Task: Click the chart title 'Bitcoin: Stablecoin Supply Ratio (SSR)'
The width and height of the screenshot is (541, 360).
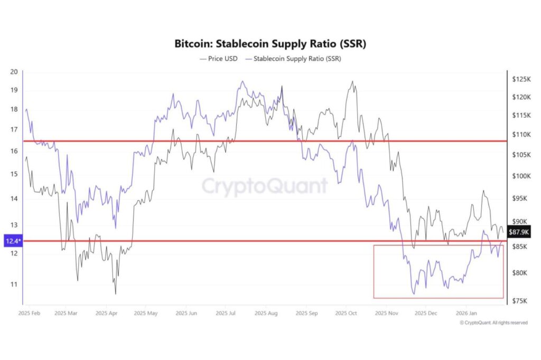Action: click(270, 44)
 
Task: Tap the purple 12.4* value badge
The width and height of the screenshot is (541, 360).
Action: click(12, 241)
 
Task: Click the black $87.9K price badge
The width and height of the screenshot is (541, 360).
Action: click(518, 232)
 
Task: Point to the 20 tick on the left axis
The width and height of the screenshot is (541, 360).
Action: click(14, 72)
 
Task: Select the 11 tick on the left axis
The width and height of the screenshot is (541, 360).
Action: click(14, 284)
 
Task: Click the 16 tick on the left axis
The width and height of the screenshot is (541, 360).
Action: click(14, 151)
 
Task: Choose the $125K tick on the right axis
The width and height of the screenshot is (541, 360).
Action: click(521, 79)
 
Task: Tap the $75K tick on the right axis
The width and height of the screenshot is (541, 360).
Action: click(520, 301)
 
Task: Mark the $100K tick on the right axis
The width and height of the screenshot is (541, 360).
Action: click(521, 176)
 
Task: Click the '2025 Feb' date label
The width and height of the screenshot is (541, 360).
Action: click(30, 313)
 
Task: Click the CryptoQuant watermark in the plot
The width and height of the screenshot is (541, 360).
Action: click(265, 186)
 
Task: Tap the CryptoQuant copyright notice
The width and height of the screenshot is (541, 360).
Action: click(493, 323)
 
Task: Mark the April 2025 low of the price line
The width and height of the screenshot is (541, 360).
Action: click(115, 293)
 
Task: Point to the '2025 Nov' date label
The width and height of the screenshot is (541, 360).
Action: click(386, 313)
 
